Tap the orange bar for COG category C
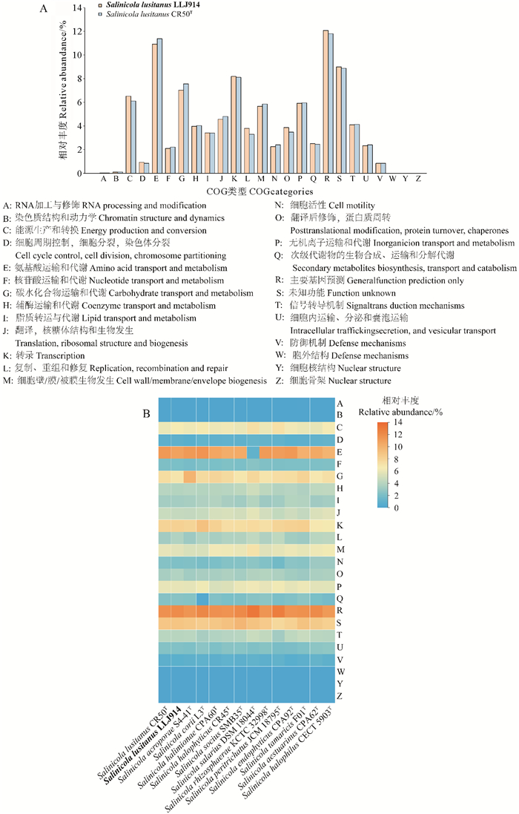(128, 134)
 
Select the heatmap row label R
(339, 611)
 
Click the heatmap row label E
(339, 453)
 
